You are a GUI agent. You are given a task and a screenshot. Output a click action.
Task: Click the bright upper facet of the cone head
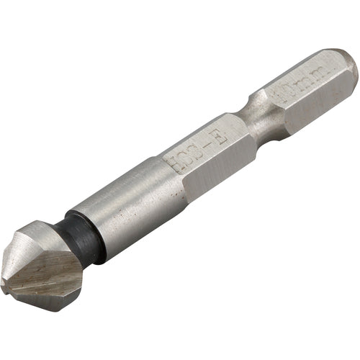(36, 241)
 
